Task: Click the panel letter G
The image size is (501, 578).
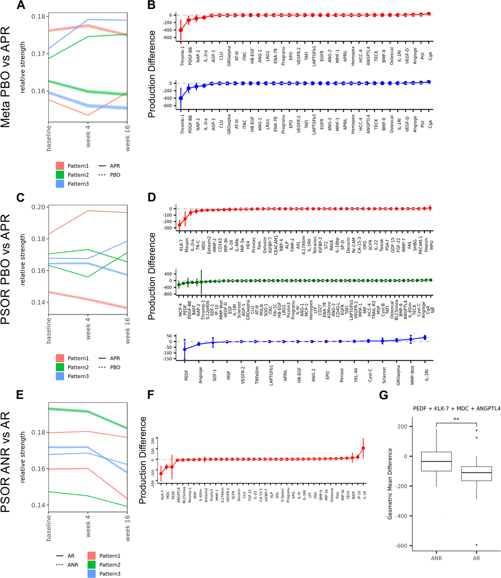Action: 384,395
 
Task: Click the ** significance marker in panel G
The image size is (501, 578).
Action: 456,419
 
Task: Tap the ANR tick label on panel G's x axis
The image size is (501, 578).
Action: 436,558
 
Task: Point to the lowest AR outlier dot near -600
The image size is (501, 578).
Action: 477,545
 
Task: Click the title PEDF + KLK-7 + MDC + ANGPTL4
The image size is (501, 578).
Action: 457,409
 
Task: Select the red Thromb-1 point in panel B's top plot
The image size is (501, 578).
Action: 181,30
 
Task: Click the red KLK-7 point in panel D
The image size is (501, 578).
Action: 179,225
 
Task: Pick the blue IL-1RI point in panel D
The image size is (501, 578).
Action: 425,337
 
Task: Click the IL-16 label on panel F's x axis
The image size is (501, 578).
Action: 364,495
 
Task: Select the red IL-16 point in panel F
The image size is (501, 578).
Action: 363,448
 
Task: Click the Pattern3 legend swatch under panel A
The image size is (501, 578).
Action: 60,184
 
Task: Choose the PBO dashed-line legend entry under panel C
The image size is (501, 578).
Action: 109,367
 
